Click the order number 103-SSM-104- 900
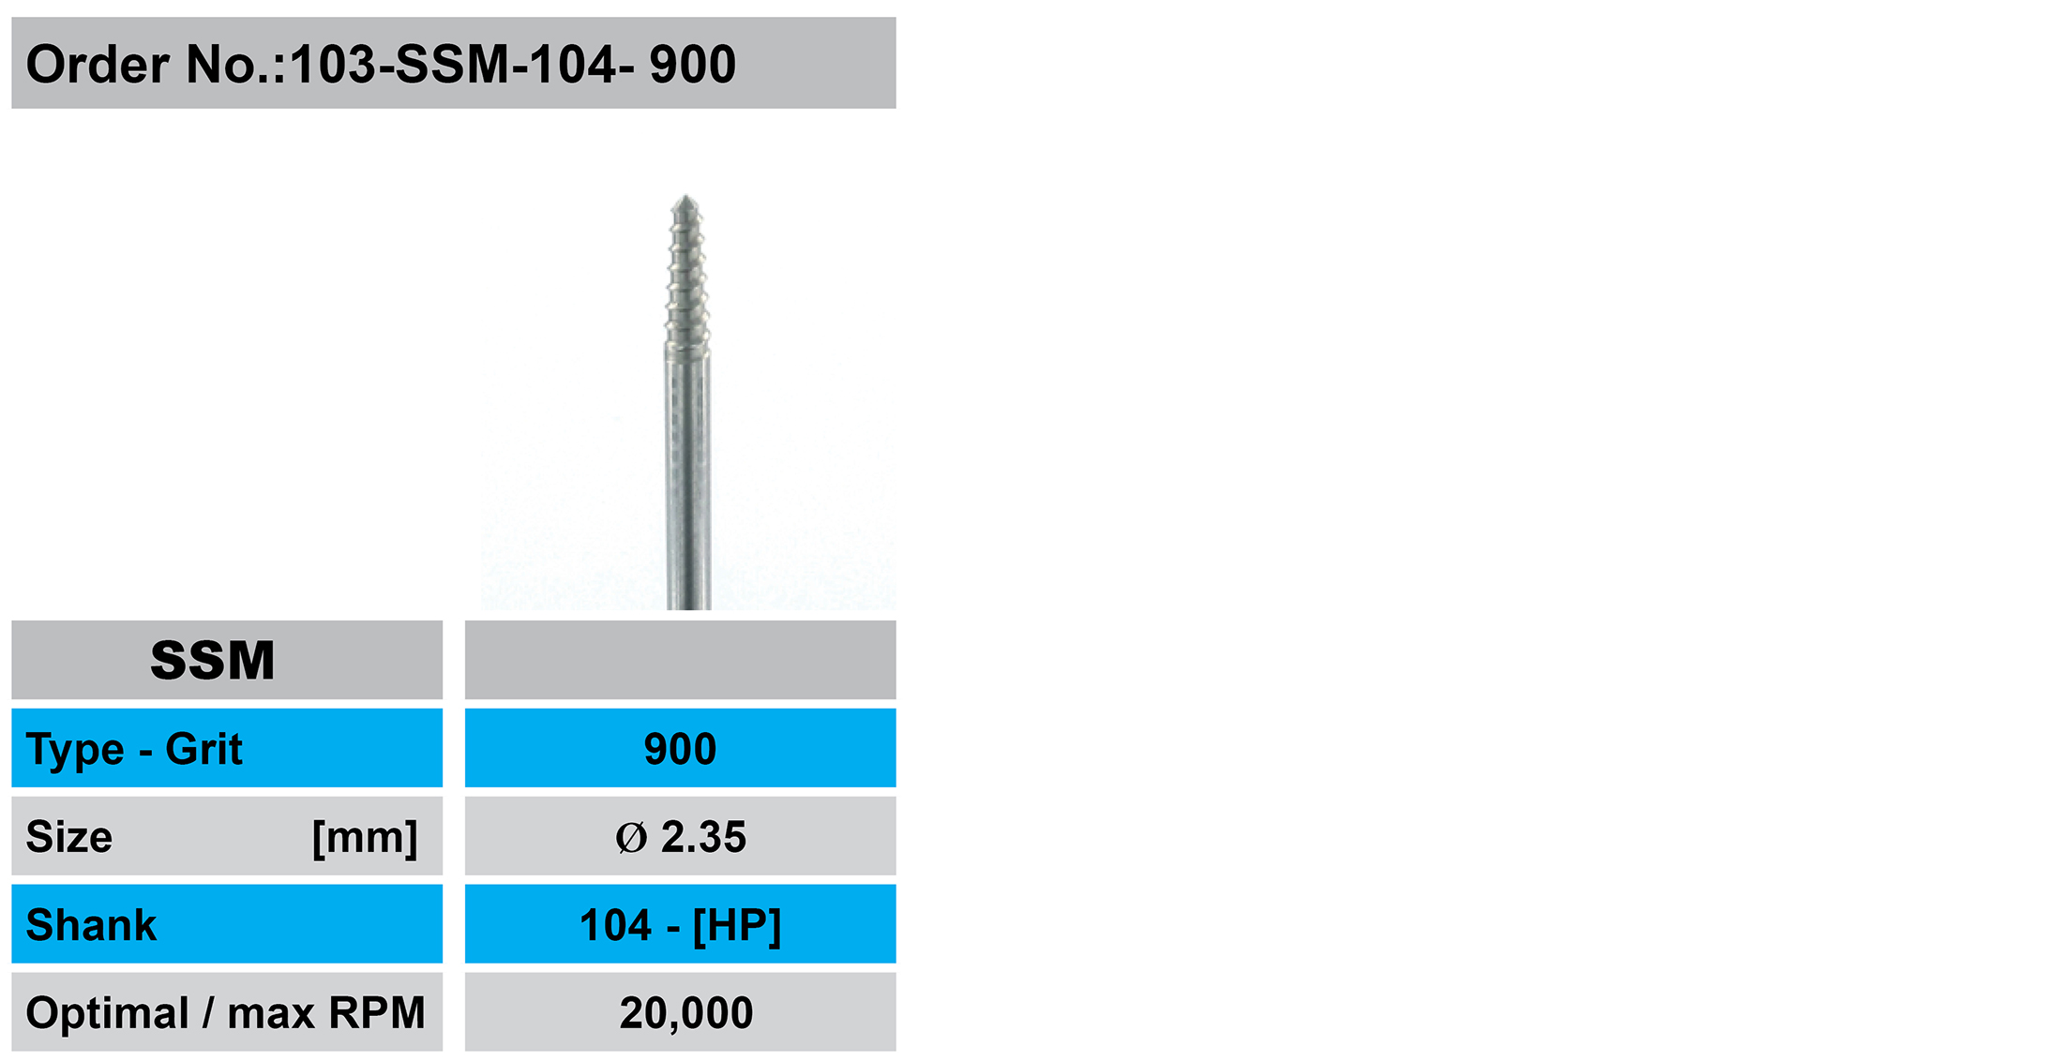point(513,65)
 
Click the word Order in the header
point(98,65)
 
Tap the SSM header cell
point(227,660)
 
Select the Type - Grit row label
point(134,749)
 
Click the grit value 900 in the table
point(680,749)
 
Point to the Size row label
point(69,837)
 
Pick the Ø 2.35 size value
point(681,837)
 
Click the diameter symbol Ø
point(631,838)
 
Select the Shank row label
point(92,925)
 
